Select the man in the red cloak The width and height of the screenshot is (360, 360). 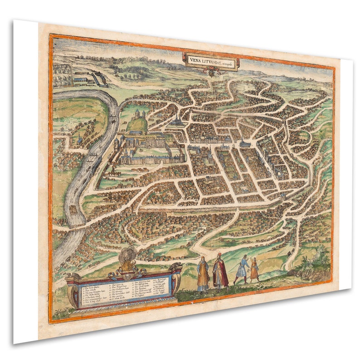pyautogui.click(x=220, y=272)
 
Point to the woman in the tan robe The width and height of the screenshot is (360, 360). pyautogui.click(x=203, y=274)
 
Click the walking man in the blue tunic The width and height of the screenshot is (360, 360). pyautogui.click(x=242, y=269)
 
